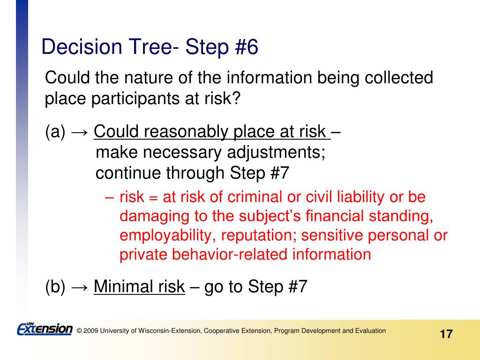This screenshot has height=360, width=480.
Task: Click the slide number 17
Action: coord(446,334)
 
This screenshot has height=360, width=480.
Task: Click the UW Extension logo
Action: coord(45,329)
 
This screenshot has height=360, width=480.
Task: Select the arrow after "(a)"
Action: coord(80,132)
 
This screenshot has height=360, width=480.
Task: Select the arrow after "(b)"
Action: coord(80,287)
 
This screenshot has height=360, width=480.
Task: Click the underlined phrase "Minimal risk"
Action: coord(139,286)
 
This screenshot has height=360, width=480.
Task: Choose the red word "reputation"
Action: coord(259,236)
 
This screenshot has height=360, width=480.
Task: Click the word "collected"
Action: coord(399,77)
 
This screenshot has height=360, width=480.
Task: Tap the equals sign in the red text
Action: coord(153,197)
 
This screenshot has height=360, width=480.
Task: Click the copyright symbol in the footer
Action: coord(79,331)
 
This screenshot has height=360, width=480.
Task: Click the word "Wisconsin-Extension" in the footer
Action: coord(170,331)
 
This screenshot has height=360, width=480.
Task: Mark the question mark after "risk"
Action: coord(236,98)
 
